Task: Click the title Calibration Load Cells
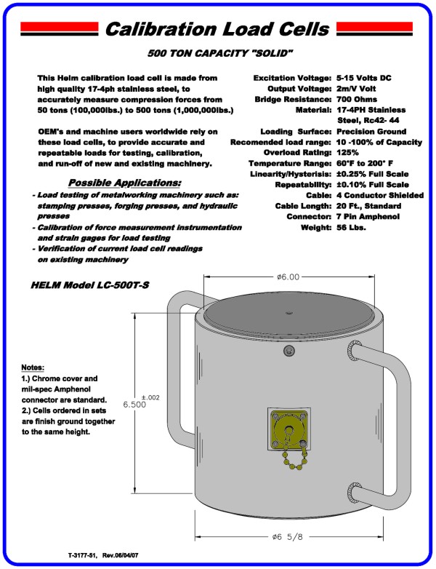coord(217,30)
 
